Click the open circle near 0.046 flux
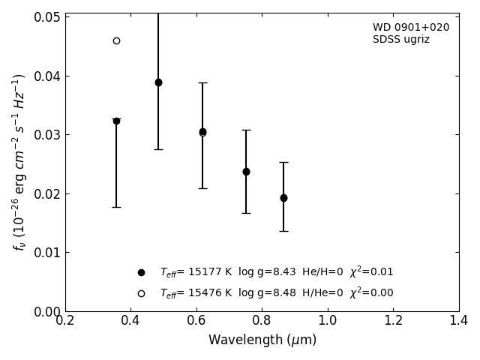click(x=116, y=40)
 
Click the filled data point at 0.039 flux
click(x=158, y=82)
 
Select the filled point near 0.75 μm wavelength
click(x=246, y=172)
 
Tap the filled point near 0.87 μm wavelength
click(x=283, y=198)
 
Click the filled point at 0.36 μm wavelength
click(x=116, y=121)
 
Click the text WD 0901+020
click(x=411, y=28)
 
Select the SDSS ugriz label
click(x=401, y=40)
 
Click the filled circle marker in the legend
click(x=141, y=272)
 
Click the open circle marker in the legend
click(x=141, y=293)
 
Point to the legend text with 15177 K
click(x=276, y=272)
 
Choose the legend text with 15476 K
click(x=276, y=293)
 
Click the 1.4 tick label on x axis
click(x=458, y=321)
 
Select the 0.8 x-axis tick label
click(x=262, y=321)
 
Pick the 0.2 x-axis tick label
click(x=65, y=321)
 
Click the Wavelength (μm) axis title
click(x=262, y=340)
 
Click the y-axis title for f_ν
click(x=19, y=162)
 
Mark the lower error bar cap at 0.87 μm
click(x=283, y=231)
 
